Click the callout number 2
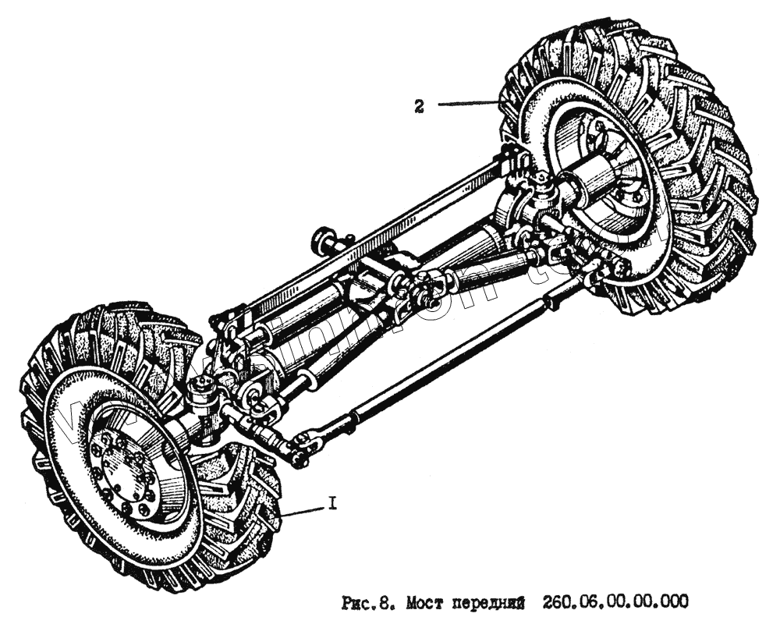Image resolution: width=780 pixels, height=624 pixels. (x=419, y=108)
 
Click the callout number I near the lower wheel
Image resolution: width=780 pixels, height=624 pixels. (x=332, y=505)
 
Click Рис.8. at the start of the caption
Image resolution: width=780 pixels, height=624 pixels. (x=367, y=601)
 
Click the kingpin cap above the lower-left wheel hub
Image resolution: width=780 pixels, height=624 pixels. (x=204, y=386)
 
